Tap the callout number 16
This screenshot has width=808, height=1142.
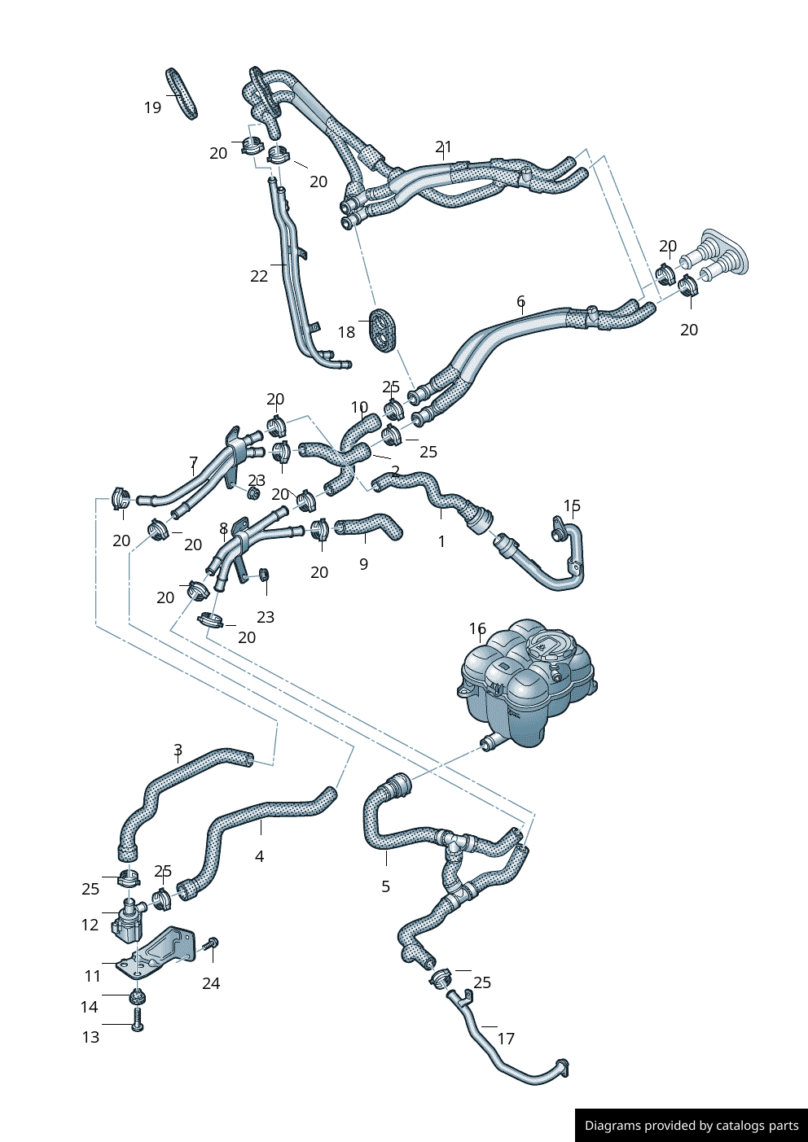coord(477,628)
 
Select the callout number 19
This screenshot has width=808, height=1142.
coord(152,107)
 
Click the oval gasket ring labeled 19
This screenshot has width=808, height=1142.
coord(182,94)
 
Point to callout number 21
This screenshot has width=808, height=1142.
coord(443,147)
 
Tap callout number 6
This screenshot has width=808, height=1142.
coord(520,302)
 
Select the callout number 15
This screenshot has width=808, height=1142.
coord(572,506)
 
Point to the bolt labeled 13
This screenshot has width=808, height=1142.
coord(137,1018)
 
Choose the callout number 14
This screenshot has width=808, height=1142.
coord(90,1007)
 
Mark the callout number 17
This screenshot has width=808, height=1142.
coord(506,1039)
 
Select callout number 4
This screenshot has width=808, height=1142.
coord(259,856)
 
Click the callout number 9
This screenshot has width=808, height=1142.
coord(363,563)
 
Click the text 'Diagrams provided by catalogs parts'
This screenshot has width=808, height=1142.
coord(692,1126)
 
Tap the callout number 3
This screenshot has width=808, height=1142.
coord(178,750)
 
